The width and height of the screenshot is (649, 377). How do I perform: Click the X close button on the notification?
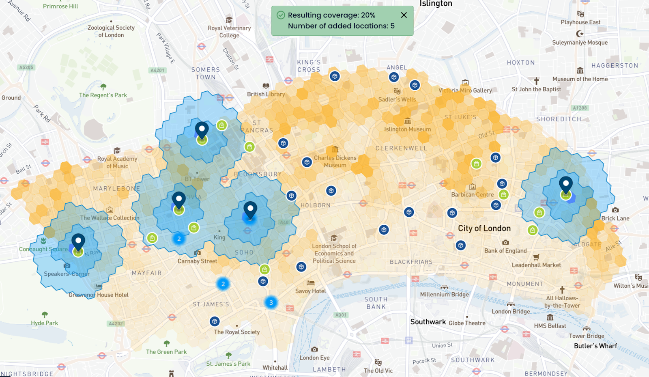pyautogui.click(x=404, y=15)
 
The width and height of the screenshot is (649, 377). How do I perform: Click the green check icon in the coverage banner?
pyautogui.click(x=281, y=15)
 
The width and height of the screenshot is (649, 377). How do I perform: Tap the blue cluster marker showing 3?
pyautogui.click(x=271, y=302)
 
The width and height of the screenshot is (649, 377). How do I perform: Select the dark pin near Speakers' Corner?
pyautogui.click(x=78, y=242)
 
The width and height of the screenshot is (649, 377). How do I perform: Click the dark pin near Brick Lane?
pyautogui.click(x=565, y=185)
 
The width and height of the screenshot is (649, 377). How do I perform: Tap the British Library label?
pyautogui.click(x=266, y=94)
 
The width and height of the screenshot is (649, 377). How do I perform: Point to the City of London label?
pyautogui.click(x=484, y=228)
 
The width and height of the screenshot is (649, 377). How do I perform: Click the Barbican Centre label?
pyautogui.click(x=473, y=194)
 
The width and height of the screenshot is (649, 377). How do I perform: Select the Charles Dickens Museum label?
pyautogui.click(x=335, y=161)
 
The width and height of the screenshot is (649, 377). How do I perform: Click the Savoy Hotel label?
pyautogui.click(x=310, y=291)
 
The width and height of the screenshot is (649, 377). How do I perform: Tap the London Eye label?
pyautogui.click(x=314, y=358)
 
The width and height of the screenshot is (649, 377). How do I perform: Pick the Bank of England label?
pyautogui.click(x=505, y=250)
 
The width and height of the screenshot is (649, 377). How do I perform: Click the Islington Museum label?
pyautogui.click(x=408, y=129)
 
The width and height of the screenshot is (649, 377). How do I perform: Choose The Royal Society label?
pyautogui.click(x=237, y=332)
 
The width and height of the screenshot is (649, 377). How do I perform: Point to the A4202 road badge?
pyautogui.click(x=116, y=323)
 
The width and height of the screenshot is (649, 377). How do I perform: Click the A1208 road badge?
pyautogui.click(x=580, y=108)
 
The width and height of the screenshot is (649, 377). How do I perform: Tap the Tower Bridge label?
pyautogui.click(x=587, y=336)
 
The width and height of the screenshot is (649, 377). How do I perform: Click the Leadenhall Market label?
pyautogui.click(x=536, y=265)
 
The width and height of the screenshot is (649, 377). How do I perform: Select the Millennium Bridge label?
pyautogui.click(x=444, y=294)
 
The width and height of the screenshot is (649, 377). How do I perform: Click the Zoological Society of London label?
pyautogui.click(x=111, y=31)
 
